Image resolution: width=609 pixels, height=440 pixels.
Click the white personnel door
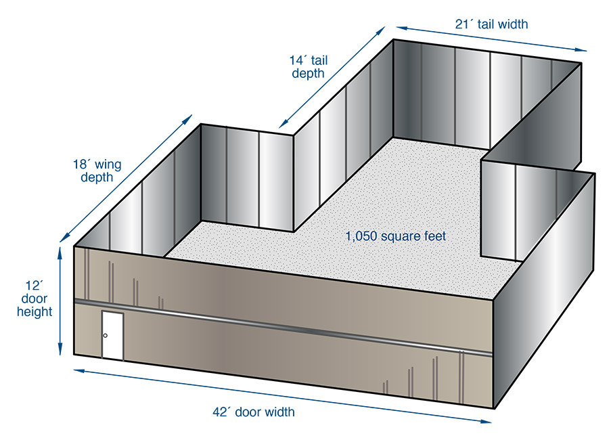[x=112, y=336]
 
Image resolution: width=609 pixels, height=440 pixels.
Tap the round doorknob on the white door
[x=106, y=336]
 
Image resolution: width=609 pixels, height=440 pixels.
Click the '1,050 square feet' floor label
[x=396, y=236]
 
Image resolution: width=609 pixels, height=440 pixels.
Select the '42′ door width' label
[x=254, y=412]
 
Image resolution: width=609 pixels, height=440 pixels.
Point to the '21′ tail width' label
[x=491, y=24]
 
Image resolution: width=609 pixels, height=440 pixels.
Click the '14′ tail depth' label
[x=309, y=67]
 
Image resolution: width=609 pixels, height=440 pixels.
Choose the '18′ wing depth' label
[x=97, y=171]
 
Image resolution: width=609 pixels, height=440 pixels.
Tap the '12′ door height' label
[x=35, y=299]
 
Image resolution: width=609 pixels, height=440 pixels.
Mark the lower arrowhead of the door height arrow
[x=60, y=349]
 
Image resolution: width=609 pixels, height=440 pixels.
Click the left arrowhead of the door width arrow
[x=80, y=371]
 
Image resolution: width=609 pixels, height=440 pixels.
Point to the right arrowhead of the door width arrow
[x=485, y=421]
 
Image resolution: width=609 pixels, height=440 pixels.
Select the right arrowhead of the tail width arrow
[x=581, y=49]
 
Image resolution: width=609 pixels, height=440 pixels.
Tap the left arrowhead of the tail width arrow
[x=402, y=28]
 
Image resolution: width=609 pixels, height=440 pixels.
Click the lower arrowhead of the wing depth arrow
[x=65, y=237]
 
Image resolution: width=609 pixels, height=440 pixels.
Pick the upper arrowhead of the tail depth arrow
[x=380, y=31]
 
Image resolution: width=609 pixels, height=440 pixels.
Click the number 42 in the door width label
[x=220, y=412]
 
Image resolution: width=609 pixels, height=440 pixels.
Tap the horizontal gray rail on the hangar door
[x=284, y=327]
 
